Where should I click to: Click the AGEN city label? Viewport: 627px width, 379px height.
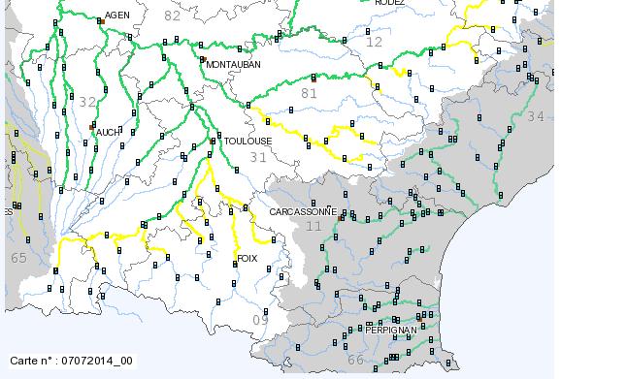[116, 16]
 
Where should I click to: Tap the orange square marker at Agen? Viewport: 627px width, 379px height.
[100, 20]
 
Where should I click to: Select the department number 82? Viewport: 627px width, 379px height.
[173, 16]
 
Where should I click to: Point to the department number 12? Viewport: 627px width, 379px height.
[375, 43]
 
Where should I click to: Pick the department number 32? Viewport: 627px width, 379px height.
[88, 102]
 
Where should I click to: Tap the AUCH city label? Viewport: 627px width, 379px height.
[108, 132]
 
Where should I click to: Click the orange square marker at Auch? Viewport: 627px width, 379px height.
[91, 127]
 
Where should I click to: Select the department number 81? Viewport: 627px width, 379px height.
[310, 93]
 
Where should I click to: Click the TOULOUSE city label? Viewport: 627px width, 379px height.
[247, 141]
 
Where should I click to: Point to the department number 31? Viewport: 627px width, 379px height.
[258, 157]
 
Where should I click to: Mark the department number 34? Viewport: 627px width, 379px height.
[536, 116]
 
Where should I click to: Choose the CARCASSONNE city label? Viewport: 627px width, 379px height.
[303, 211]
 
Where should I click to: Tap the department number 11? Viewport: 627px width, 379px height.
[313, 226]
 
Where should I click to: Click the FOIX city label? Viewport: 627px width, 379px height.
[247, 259]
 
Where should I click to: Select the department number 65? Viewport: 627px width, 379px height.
[19, 258]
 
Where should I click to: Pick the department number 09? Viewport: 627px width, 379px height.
[260, 320]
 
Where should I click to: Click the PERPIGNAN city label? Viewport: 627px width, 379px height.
[390, 331]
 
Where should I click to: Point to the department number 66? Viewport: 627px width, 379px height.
[356, 361]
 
